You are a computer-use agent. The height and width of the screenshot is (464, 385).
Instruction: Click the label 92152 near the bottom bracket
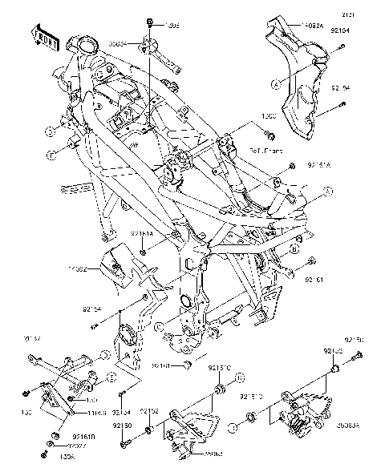[150, 411]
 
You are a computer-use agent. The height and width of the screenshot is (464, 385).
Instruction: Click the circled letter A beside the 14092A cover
[275, 83]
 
